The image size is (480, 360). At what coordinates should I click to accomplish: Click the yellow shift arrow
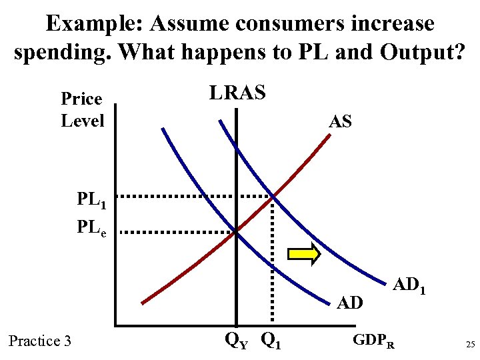304,255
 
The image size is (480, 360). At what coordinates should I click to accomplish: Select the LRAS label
237,93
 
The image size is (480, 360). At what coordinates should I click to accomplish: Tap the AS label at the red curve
340,121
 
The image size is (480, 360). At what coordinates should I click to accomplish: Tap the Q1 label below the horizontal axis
271,341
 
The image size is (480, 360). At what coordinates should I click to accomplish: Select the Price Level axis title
83,110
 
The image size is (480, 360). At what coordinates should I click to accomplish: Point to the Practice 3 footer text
40,341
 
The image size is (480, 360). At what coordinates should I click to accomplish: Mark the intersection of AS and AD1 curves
273,196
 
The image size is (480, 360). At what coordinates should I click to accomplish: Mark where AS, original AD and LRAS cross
236,232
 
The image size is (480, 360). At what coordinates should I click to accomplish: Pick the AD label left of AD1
349,303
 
